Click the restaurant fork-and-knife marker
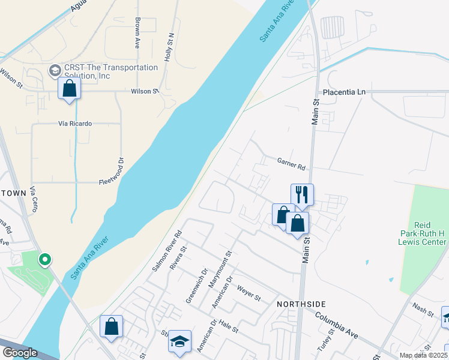pos(302,194)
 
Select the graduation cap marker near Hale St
pos(179,341)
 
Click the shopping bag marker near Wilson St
pos(70,88)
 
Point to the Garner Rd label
pos(291,163)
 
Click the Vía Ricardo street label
pos(75,124)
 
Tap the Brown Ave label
pos(137,32)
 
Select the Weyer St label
pos(249,294)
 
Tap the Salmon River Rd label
pos(167,251)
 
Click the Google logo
pos(19,353)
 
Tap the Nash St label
pos(423,310)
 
